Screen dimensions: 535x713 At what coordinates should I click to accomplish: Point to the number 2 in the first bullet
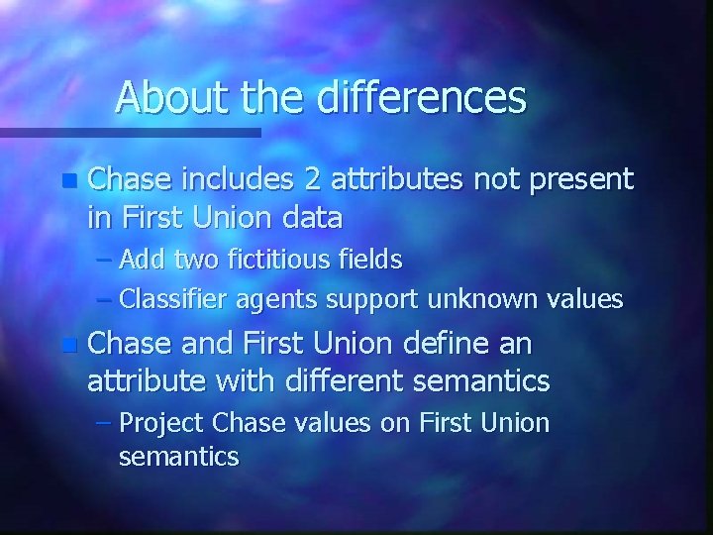click(x=313, y=179)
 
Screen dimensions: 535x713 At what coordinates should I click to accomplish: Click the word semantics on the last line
click(x=177, y=457)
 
